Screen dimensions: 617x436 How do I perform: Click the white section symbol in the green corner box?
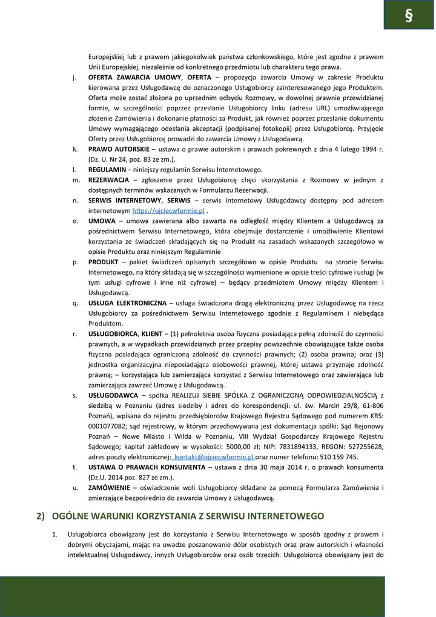[409, 16]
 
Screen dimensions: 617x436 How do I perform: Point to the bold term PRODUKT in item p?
[105, 262]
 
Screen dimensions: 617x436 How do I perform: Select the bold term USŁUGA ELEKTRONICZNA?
[127, 302]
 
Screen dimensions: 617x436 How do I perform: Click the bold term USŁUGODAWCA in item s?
[113, 395]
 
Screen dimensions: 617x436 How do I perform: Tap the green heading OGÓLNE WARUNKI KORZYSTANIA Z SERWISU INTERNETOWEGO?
[188, 516]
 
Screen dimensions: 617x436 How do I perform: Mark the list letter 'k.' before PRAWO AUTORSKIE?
[74, 148]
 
